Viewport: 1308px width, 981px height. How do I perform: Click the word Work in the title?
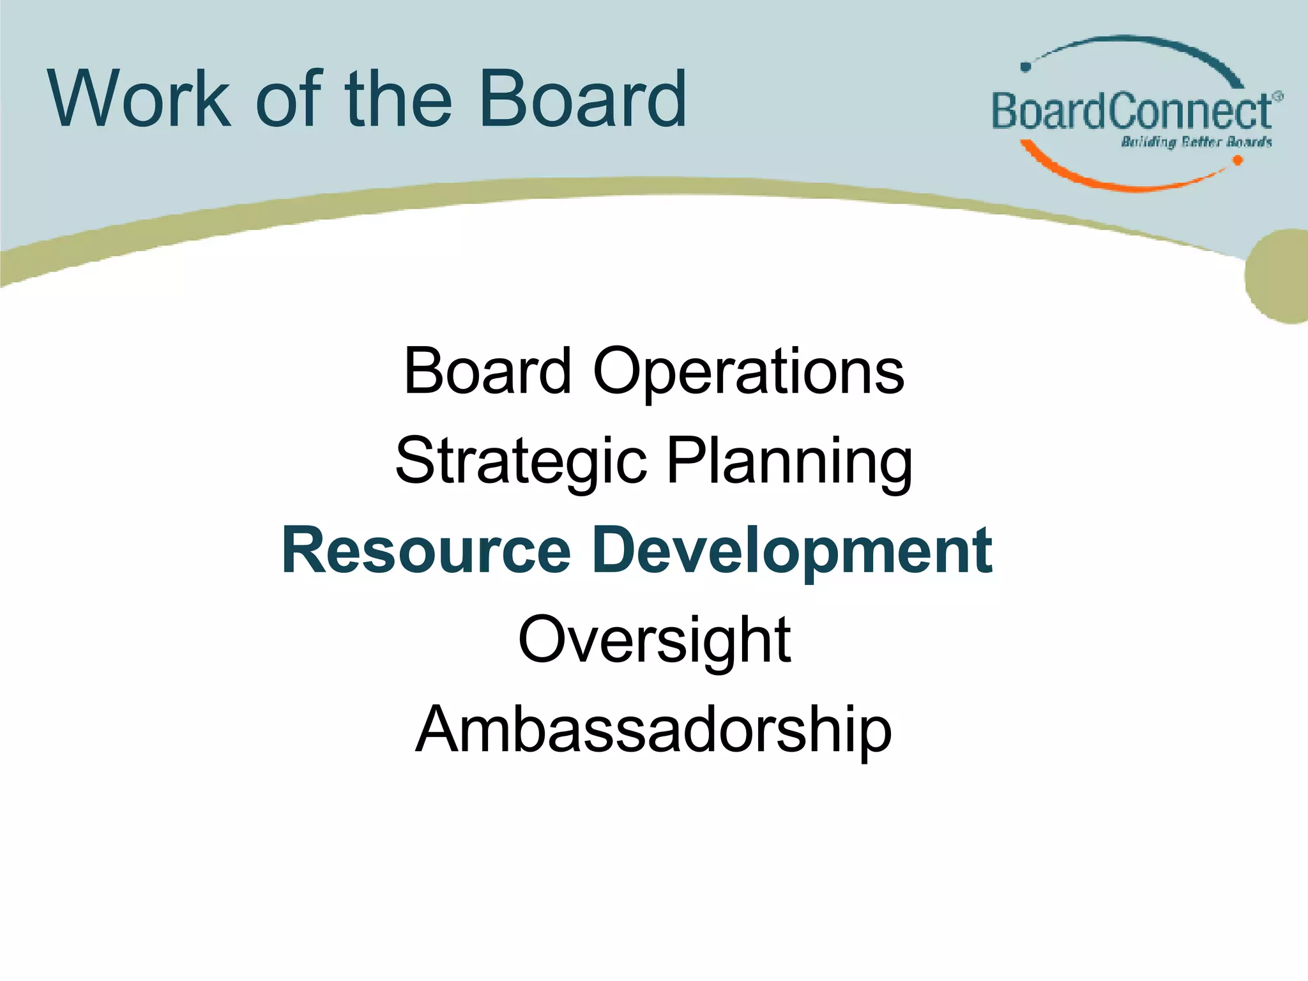tap(139, 99)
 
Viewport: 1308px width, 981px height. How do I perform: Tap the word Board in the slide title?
tap(582, 99)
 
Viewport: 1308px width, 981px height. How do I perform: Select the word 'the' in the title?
tap(398, 99)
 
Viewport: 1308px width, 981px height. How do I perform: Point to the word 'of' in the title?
tap(287, 99)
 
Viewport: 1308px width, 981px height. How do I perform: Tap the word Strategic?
tap(521, 462)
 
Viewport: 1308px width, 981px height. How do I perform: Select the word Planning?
tap(789, 462)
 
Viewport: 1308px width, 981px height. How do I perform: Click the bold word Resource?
tap(426, 551)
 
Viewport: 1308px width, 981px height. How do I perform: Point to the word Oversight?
tap(654, 641)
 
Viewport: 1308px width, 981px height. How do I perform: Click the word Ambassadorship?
tap(653, 730)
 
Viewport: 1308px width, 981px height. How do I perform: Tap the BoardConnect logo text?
tap(1130, 112)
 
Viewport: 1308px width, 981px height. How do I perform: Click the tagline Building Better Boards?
tap(1196, 142)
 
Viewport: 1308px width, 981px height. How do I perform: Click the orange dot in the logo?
tap(1237, 161)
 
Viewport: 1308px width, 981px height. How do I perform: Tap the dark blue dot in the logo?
tap(1026, 66)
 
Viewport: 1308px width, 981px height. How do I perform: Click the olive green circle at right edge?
tap(1281, 276)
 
